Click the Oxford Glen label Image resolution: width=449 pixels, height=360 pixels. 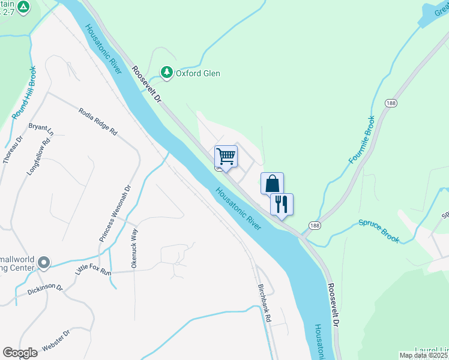[x=197, y=74]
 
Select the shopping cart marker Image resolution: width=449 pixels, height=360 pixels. [x=226, y=156]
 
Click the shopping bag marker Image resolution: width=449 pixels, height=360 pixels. [x=272, y=183]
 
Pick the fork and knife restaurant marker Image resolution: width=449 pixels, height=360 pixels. [x=282, y=204]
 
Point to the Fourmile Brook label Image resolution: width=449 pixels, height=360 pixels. [x=361, y=140]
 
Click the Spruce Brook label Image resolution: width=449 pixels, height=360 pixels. [x=379, y=230]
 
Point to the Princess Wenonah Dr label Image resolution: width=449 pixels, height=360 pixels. [x=114, y=214]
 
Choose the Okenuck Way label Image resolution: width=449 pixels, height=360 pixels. [x=134, y=247]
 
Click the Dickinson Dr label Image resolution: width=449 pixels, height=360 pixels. [x=44, y=290]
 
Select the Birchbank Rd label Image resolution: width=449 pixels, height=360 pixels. [x=265, y=303]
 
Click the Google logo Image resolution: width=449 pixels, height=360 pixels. [x=20, y=353]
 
